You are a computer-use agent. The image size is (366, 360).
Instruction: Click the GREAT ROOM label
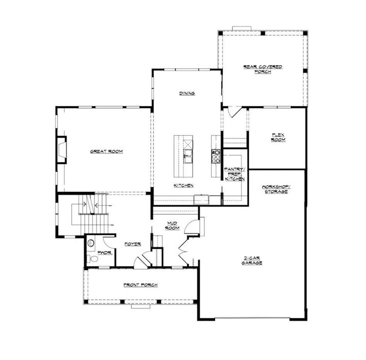[106, 151]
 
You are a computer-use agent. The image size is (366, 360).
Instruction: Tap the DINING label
[187, 93]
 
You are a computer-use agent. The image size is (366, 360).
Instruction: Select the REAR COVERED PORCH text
[262, 69]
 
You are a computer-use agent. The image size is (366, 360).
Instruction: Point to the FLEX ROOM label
[278, 137]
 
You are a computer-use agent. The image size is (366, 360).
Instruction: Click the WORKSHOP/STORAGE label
[275, 189]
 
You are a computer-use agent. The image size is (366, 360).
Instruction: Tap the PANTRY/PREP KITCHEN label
[235, 174]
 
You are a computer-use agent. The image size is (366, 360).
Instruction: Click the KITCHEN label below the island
[183, 186]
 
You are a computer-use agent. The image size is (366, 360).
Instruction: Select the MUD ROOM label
[172, 226]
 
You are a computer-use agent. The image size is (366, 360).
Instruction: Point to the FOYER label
[133, 244]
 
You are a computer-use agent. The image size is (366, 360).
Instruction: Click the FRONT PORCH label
[140, 285]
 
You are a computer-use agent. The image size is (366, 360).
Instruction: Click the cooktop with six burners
[216, 155]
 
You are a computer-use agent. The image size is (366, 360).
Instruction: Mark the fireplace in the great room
[62, 151]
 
